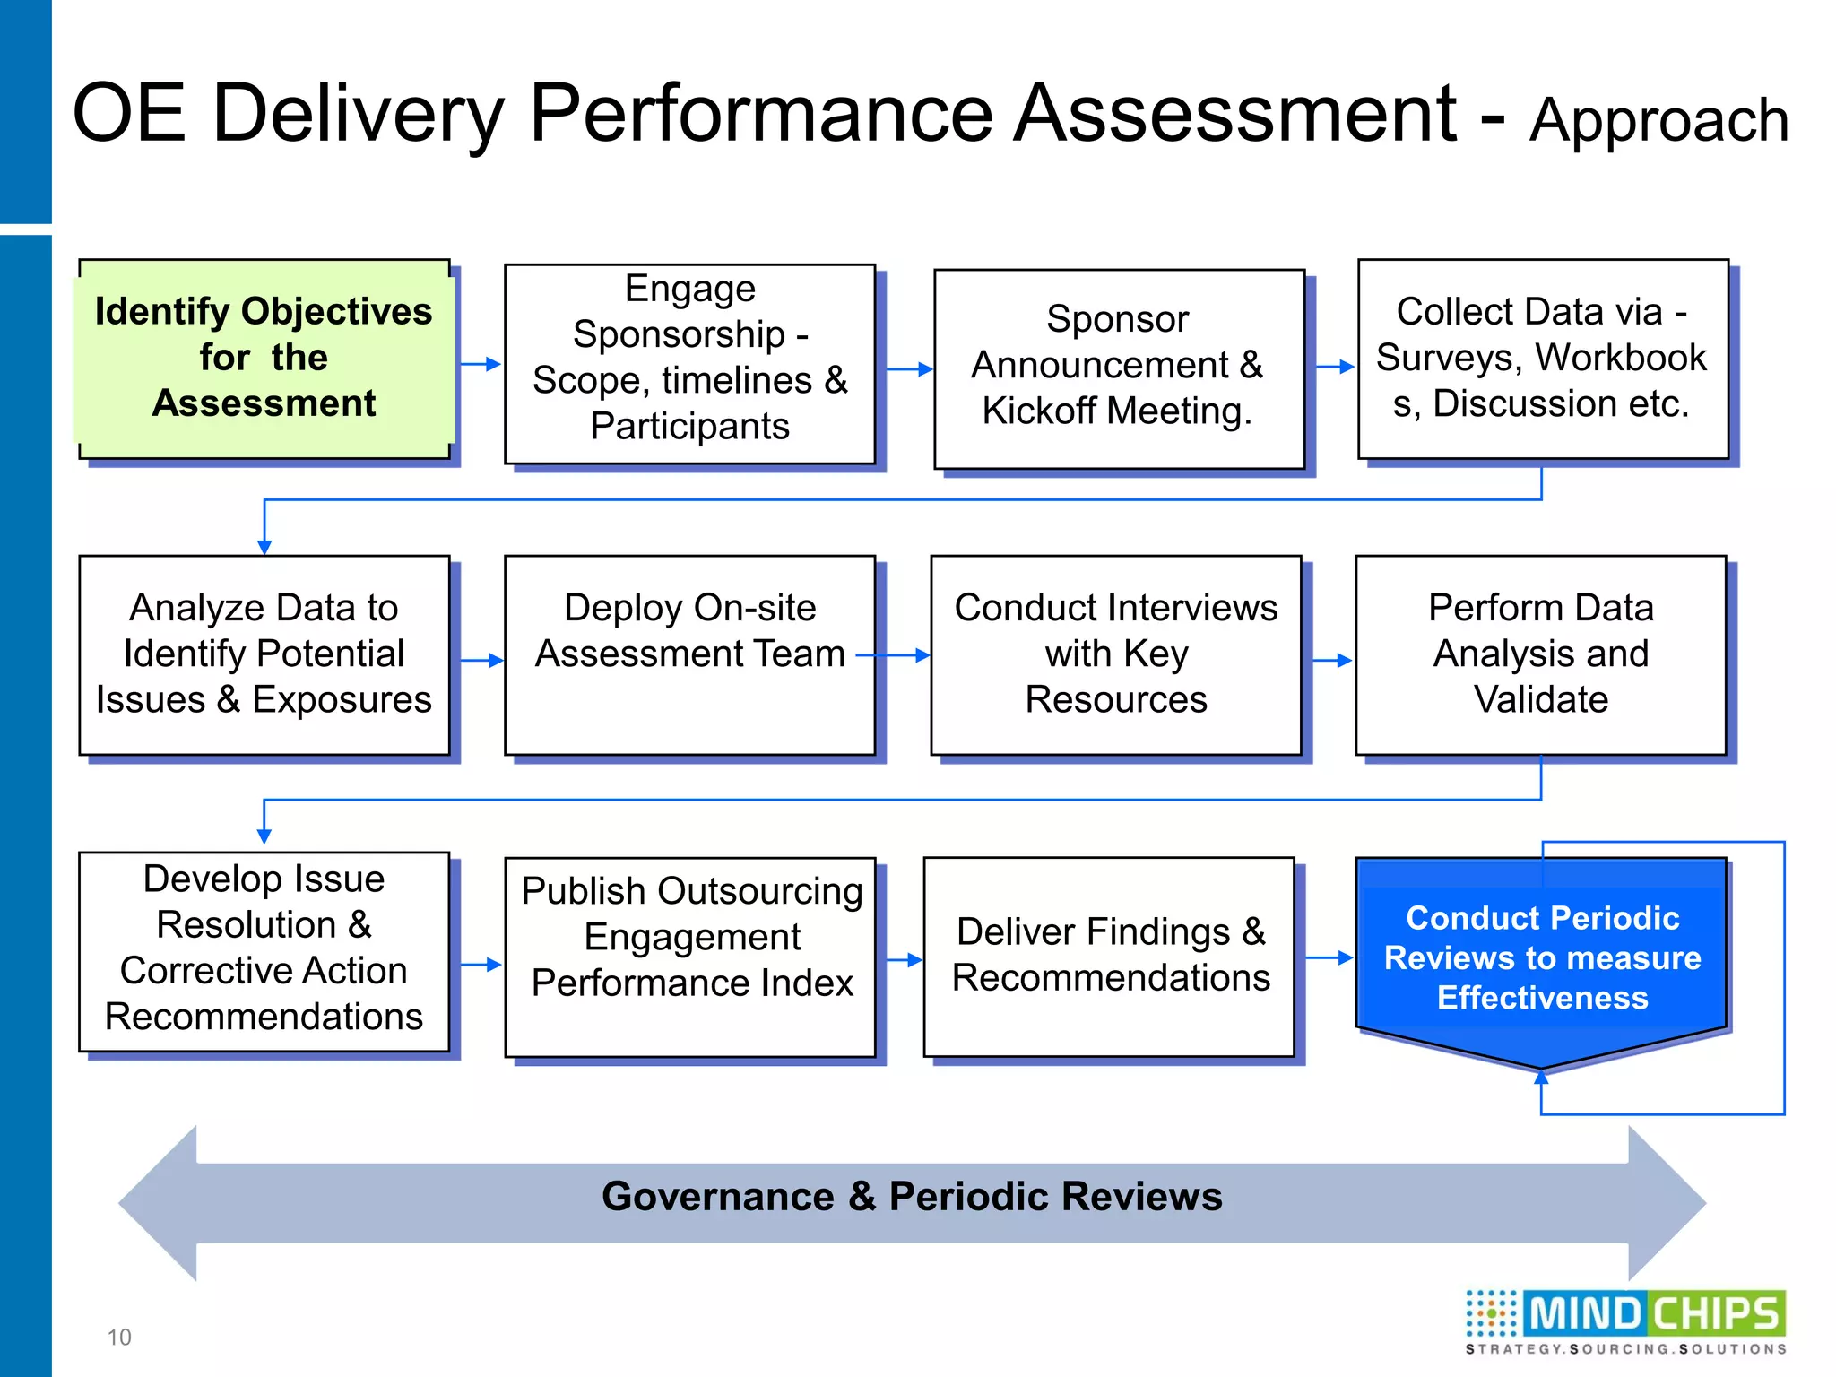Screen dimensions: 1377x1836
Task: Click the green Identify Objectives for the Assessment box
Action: (264, 359)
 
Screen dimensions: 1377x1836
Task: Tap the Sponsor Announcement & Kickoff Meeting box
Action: (1118, 368)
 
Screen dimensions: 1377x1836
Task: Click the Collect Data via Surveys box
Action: (1542, 359)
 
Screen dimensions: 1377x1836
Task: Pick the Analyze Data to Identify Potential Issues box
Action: (264, 654)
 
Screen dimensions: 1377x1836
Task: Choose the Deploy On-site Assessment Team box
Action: (689, 654)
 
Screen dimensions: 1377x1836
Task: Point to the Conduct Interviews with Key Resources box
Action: (1115, 654)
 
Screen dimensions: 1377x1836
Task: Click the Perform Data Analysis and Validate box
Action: (1540, 654)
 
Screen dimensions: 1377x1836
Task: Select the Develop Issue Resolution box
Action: (264, 950)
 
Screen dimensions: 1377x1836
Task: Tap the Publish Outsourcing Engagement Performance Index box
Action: (689, 956)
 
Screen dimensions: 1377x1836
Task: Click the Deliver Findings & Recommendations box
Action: (1109, 956)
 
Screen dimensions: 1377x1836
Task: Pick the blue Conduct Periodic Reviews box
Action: (1542, 957)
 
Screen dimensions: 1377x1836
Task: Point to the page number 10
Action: (118, 1337)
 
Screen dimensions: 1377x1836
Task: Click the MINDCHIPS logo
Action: (1625, 1321)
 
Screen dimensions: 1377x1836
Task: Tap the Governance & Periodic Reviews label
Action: (911, 1197)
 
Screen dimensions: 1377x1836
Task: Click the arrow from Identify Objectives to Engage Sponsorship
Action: (481, 364)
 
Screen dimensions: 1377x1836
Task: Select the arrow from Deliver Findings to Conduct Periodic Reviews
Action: (1329, 957)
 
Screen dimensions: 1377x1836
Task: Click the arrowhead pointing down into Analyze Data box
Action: (264, 546)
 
